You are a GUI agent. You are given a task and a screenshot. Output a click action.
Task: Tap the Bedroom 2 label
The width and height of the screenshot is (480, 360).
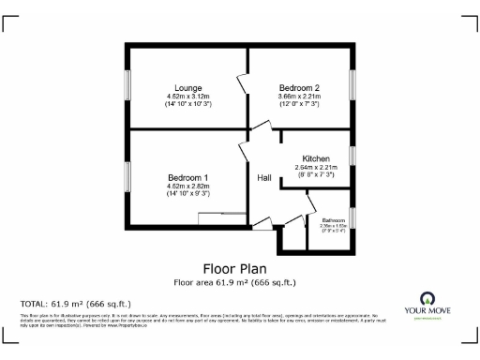(x=299, y=87)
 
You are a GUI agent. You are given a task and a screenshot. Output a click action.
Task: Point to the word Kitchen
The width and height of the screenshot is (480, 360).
(x=316, y=159)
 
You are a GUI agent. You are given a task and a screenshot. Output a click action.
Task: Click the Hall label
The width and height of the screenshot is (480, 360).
(x=265, y=177)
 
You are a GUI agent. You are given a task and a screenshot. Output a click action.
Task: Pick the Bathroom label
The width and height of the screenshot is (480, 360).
(x=334, y=220)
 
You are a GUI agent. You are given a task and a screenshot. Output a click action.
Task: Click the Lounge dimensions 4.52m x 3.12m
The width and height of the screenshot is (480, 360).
(x=188, y=96)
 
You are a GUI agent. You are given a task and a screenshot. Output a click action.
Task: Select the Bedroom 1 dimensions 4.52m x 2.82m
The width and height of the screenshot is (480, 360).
(x=188, y=187)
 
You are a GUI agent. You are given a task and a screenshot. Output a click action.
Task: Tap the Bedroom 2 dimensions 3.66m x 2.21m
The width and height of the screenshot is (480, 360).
(x=299, y=96)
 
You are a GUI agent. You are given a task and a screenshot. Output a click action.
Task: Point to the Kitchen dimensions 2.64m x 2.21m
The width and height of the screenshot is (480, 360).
(x=316, y=168)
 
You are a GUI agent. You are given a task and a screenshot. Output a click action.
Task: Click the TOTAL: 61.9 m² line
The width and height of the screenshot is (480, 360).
(x=76, y=304)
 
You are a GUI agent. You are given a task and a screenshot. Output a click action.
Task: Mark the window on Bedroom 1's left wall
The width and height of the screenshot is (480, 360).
(x=127, y=177)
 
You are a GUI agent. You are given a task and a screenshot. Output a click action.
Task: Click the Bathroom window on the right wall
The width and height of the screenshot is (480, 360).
(x=353, y=218)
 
